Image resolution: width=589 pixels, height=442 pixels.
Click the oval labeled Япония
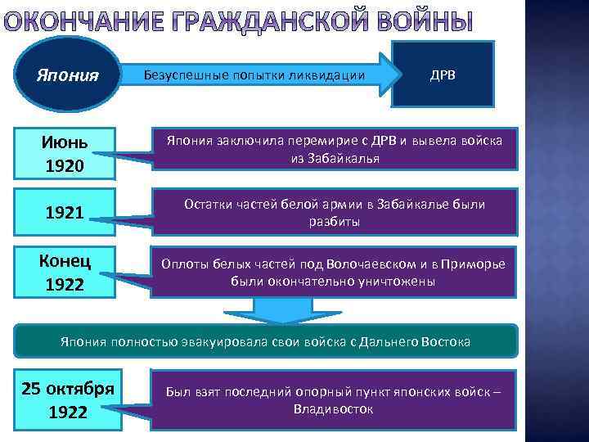(x=68, y=75)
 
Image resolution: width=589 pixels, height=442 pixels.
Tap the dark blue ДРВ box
(x=443, y=74)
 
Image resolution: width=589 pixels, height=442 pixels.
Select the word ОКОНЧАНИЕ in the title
(x=74, y=21)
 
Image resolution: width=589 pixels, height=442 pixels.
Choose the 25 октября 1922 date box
(x=67, y=399)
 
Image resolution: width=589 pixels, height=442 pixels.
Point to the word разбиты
(x=334, y=222)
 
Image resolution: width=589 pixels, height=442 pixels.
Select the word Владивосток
(x=333, y=408)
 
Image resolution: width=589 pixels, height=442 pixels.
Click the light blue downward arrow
(x=273, y=310)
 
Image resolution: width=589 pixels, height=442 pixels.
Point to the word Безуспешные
(x=181, y=75)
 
